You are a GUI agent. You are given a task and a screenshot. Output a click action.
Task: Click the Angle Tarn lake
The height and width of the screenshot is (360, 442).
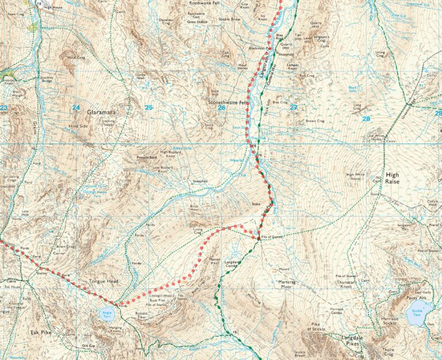(106, 314)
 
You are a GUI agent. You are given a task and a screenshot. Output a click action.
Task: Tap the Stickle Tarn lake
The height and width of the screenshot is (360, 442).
(415, 315)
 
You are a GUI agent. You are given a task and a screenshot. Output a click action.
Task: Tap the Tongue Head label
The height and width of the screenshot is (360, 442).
(104, 282)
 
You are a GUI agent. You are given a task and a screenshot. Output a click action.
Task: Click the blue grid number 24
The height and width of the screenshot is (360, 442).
(76, 107)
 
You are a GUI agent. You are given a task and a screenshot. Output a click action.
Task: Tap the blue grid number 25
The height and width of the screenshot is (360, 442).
(149, 107)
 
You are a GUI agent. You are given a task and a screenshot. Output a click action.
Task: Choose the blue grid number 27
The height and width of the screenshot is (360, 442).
(294, 107)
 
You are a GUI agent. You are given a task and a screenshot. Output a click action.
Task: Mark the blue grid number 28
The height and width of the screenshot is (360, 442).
(365, 119)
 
